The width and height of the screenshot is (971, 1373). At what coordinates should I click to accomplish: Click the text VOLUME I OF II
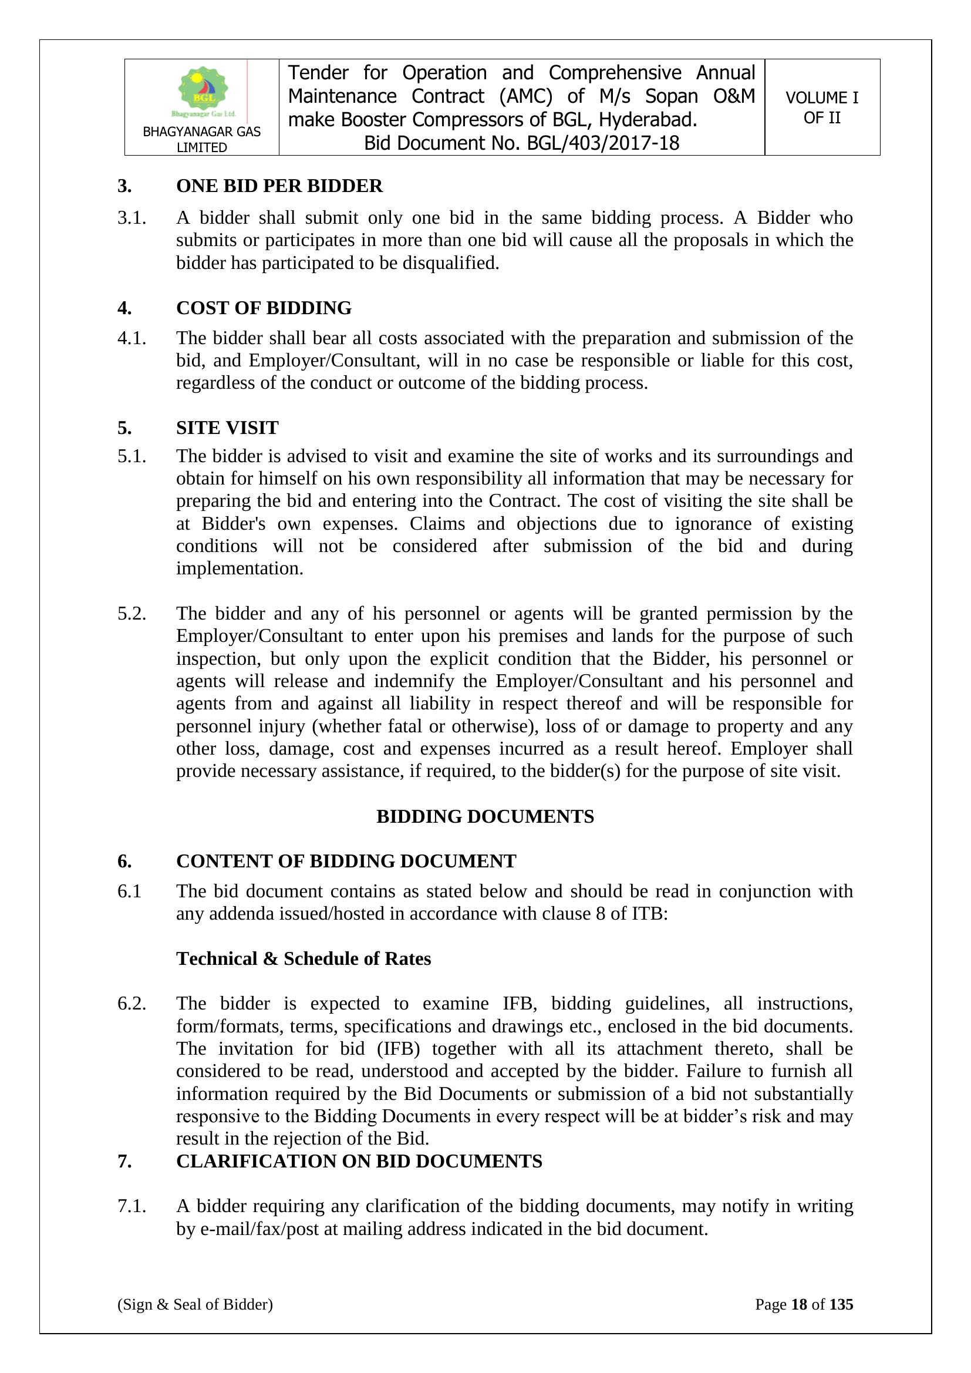click(x=821, y=107)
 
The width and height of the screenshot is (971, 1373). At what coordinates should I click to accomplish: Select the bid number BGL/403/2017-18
click(x=603, y=143)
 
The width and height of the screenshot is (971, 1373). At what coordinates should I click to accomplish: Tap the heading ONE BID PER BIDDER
click(x=279, y=186)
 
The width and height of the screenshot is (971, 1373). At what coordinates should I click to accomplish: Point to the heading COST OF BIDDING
click(x=264, y=308)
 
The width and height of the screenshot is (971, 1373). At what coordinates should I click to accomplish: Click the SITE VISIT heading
click(x=227, y=428)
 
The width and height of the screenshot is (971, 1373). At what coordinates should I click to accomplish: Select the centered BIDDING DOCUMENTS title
click(x=485, y=816)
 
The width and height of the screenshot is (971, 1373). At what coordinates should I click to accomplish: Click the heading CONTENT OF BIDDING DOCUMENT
click(x=346, y=861)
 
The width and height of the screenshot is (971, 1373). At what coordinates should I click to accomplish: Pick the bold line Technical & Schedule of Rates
click(x=303, y=958)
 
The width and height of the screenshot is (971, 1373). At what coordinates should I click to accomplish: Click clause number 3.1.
click(x=132, y=218)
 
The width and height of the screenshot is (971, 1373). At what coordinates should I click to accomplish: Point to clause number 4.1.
click(x=132, y=338)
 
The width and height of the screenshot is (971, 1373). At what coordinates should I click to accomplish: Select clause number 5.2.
click(x=132, y=614)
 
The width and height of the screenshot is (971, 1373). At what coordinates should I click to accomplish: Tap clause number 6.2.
click(x=132, y=1004)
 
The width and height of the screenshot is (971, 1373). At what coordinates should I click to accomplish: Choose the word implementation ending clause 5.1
click(x=239, y=568)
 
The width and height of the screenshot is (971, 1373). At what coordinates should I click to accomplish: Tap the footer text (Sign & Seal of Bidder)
click(x=195, y=1304)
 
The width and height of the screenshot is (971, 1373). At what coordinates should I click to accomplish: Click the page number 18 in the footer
click(x=799, y=1304)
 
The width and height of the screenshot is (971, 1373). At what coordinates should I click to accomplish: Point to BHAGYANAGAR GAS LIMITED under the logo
click(x=201, y=139)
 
